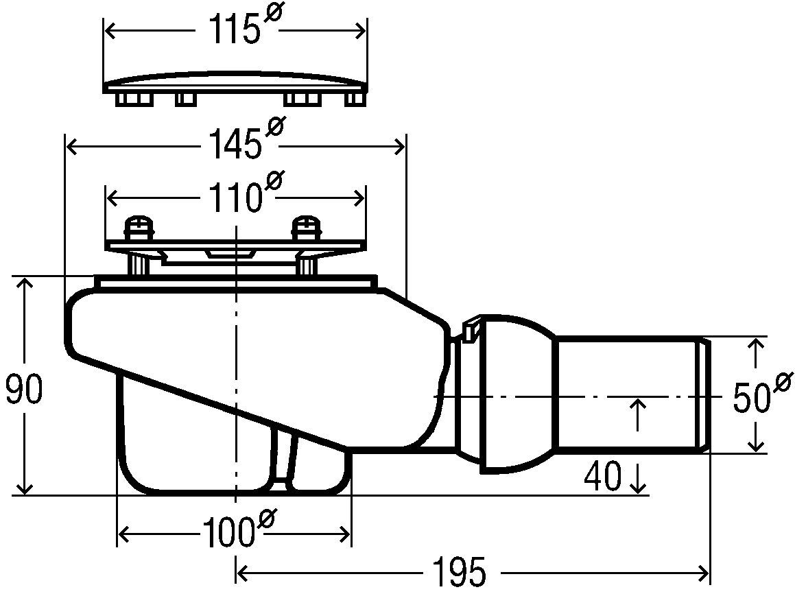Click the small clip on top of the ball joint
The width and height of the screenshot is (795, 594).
point(472,329)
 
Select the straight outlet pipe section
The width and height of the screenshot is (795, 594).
point(628,394)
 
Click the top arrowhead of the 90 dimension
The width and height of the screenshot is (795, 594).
point(25,283)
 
